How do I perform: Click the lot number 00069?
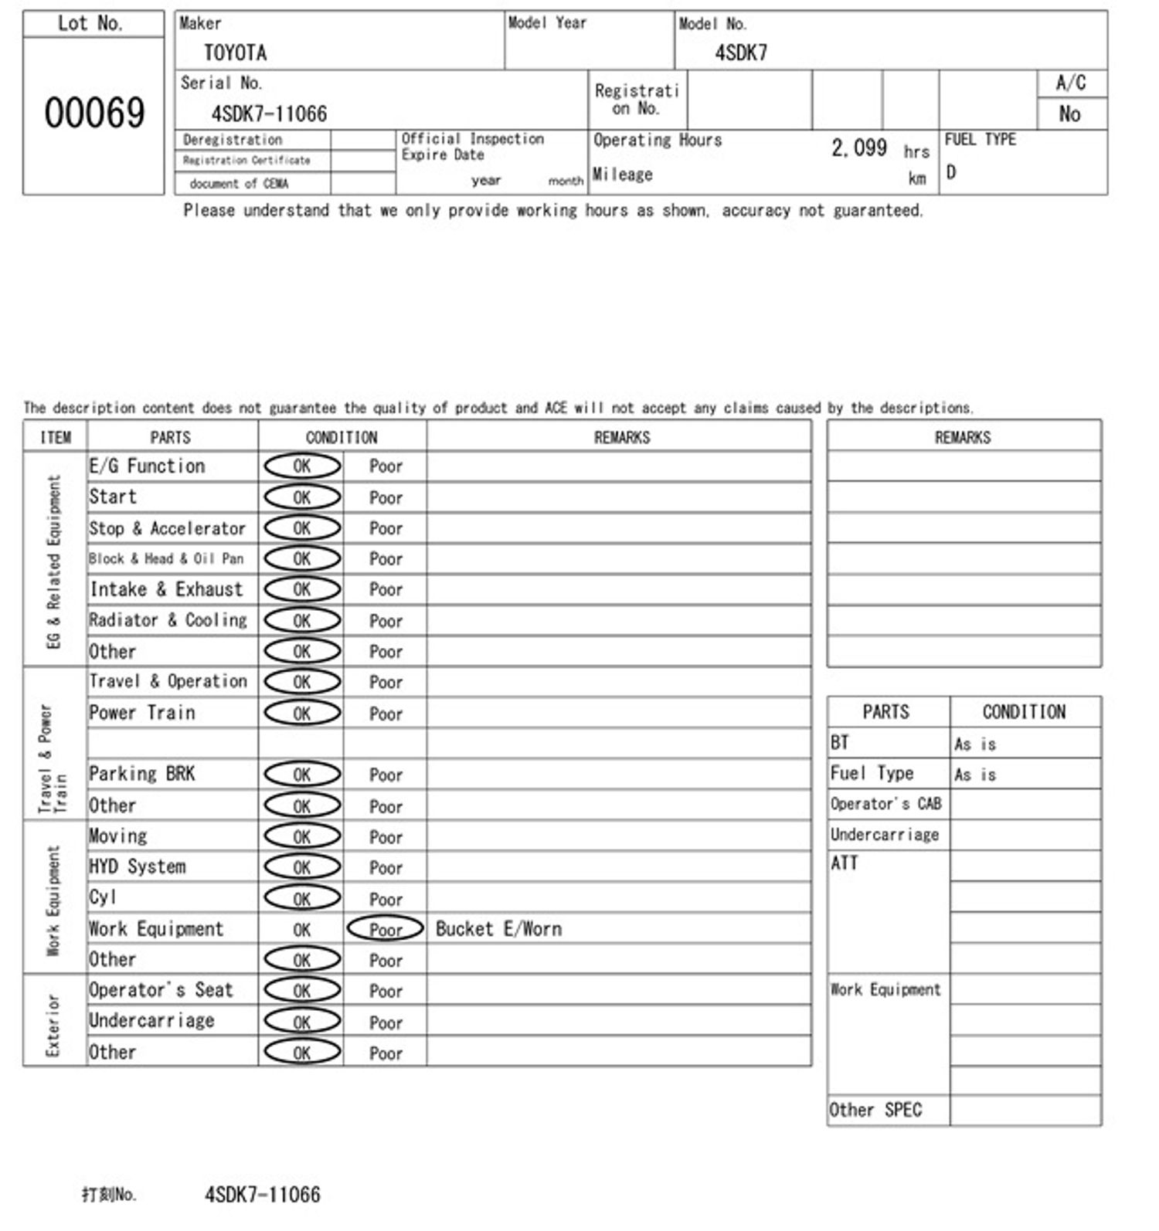pos(94,113)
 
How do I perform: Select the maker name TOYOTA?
pos(235,53)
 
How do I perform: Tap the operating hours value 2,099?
pos(858,148)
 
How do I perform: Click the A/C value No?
pos(1069,114)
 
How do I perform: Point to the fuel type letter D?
pos(951,172)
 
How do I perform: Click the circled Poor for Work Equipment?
pos(386,929)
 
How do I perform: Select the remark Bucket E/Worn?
pos(498,929)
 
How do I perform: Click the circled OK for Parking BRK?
pos(302,775)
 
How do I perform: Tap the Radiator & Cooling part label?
pos(168,620)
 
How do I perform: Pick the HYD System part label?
pos(138,866)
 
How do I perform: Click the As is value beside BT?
pos(975,744)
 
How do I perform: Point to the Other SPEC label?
pos(875,1110)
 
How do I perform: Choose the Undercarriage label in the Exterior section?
pos(151,1021)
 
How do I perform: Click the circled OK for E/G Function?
pos(302,466)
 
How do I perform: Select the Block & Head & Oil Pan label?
pos(166,558)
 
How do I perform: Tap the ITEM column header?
pos(55,437)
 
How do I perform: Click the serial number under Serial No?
pos(269,114)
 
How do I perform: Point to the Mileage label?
pos(622,175)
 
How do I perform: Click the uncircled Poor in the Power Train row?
pos(386,714)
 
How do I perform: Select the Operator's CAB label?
pos(885,804)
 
